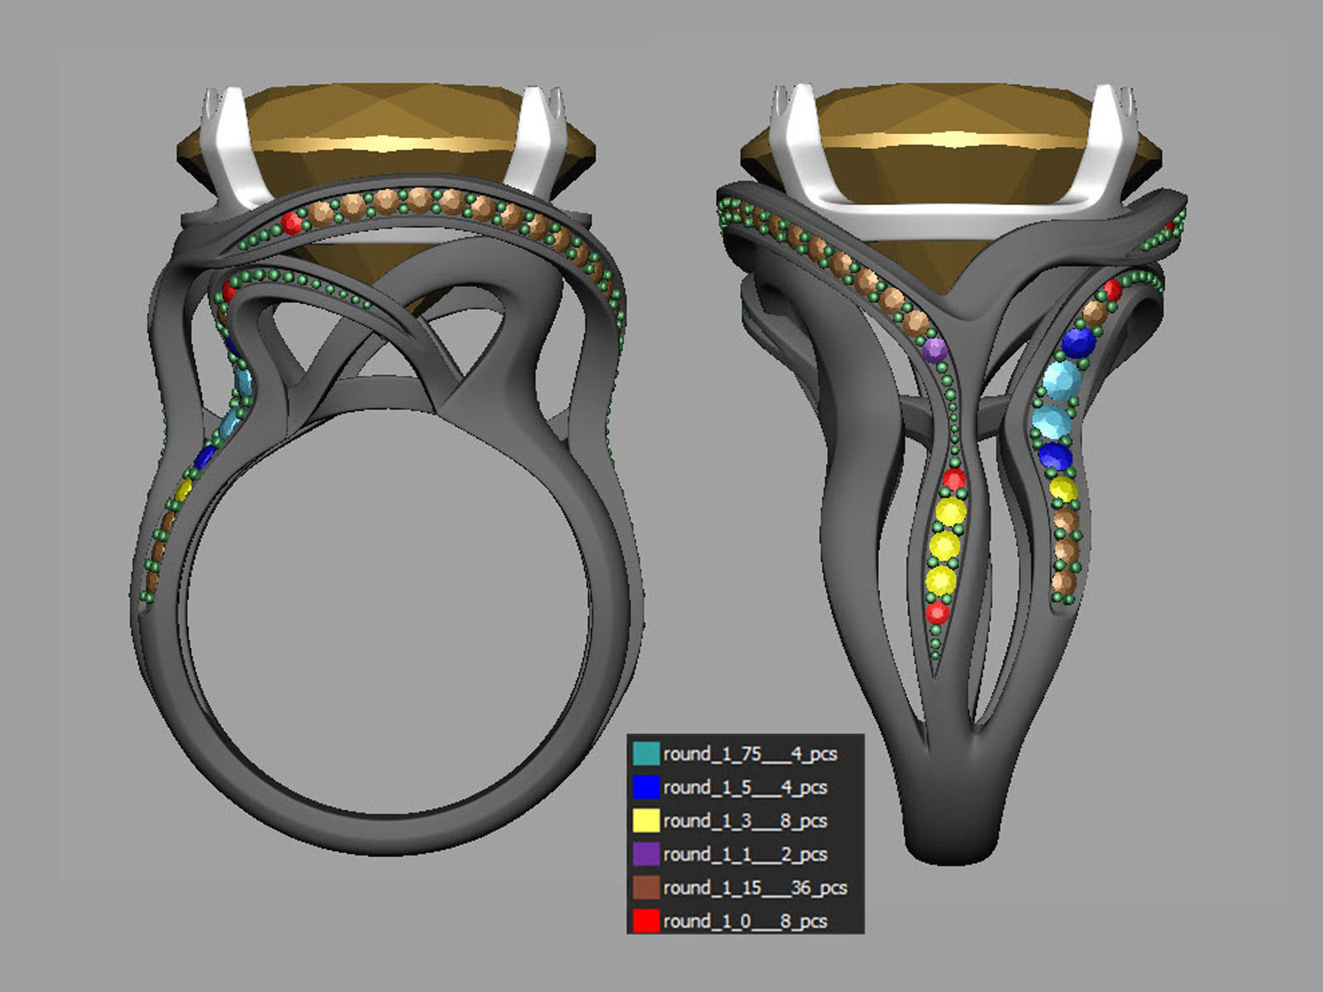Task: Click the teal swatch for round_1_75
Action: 646,753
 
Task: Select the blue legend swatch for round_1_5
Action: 646,787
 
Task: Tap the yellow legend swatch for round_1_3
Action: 646,820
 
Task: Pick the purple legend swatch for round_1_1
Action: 646,854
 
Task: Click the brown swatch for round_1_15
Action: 646,887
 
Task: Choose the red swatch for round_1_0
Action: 646,920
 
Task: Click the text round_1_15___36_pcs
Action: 754,887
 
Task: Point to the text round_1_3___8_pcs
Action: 744,820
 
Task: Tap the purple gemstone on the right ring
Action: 934,351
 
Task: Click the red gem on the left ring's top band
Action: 291,222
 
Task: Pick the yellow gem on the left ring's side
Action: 184,488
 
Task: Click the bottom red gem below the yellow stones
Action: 937,613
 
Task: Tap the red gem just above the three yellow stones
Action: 954,479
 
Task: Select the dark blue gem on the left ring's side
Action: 203,456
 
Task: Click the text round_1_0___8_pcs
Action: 744,920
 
